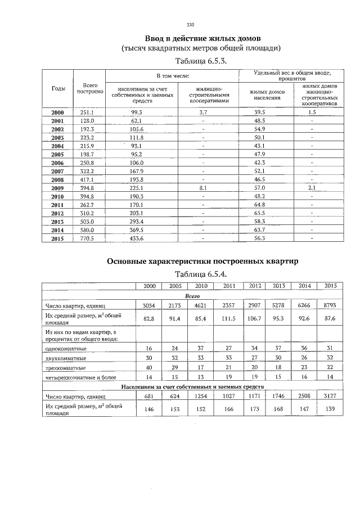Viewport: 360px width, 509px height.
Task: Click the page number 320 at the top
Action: (x=190, y=24)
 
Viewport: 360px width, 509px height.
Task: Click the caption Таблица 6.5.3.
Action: (x=201, y=61)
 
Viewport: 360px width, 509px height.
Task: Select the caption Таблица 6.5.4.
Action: (x=201, y=274)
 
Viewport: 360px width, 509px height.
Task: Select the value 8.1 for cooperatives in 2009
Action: (x=203, y=188)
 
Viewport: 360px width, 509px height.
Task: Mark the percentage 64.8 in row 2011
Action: (x=259, y=205)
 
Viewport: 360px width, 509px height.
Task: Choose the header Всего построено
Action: (x=89, y=89)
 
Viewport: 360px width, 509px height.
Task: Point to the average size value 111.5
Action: (x=229, y=319)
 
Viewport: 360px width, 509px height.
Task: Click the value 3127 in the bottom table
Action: (x=330, y=397)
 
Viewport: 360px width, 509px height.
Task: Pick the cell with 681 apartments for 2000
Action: (x=149, y=397)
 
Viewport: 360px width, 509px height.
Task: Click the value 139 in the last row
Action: (x=330, y=410)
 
